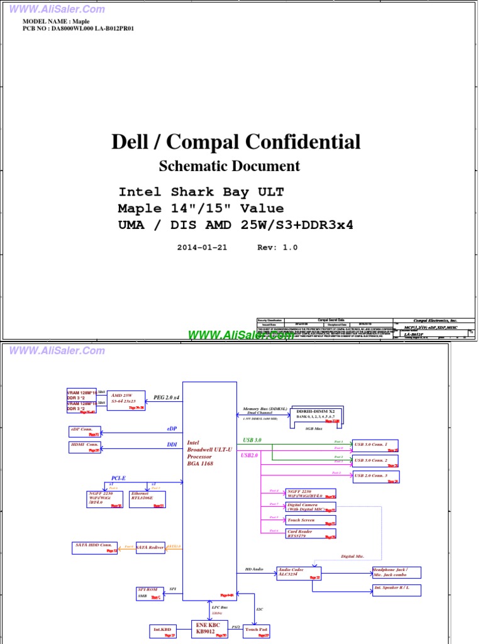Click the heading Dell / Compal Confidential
tap(236, 142)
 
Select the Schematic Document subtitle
tap(230, 166)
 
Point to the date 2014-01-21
tap(202, 247)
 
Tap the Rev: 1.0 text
tap(277, 247)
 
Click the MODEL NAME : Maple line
tap(56, 21)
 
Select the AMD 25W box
tap(126, 401)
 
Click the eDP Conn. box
tap(84, 431)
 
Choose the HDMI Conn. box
tap(84, 447)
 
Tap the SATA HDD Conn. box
tap(94, 547)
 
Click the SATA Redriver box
tap(150, 548)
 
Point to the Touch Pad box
tap(256, 630)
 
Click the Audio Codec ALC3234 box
tap(299, 572)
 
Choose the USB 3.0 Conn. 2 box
tap(375, 460)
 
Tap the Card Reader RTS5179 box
tap(311, 534)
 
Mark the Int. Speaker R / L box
tap(396, 590)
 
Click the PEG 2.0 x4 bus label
tap(167, 397)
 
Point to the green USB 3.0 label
tap(252, 440)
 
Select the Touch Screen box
tap(311, 521)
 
